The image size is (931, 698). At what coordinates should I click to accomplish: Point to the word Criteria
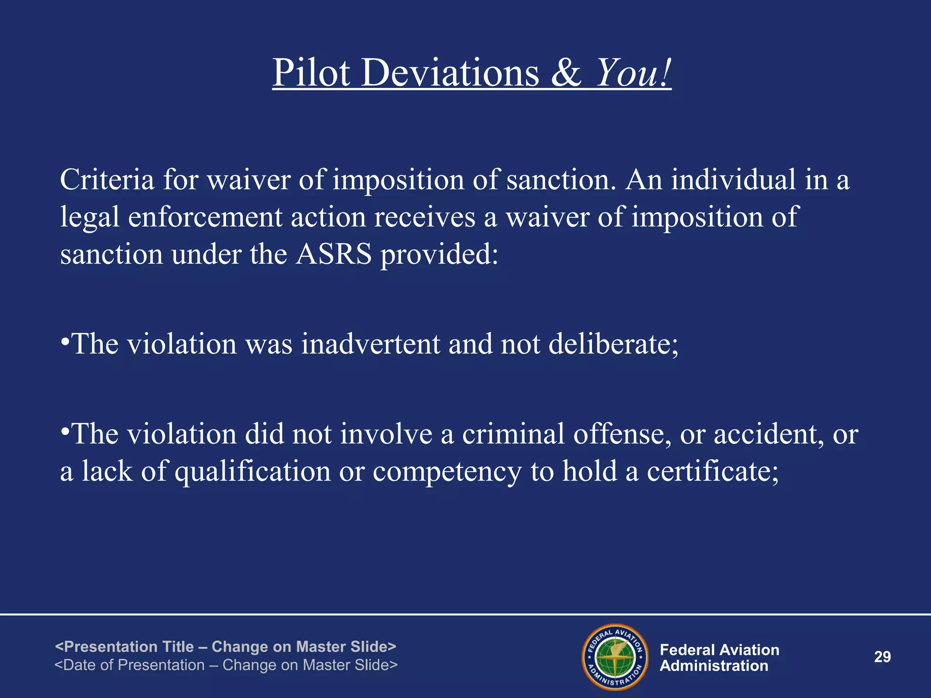coord(107,179)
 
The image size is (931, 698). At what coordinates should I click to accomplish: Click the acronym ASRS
coord(334,254)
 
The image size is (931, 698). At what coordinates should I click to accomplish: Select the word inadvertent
coord(370,344)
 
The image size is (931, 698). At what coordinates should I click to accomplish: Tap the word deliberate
coord(613,344)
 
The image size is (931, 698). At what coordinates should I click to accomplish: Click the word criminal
coord(513,434)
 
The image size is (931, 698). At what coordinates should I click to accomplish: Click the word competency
coord(447,472)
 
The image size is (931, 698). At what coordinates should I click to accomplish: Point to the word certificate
coord(712,472)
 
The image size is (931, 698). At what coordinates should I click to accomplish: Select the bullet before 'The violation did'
coord(65,431)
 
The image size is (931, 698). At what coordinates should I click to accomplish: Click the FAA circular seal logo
coord(615,657)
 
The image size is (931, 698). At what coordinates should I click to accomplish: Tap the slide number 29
coord(882,657)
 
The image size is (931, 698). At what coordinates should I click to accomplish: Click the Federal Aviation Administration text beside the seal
coord(719,658)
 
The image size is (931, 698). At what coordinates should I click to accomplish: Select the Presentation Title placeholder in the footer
coord(225,646)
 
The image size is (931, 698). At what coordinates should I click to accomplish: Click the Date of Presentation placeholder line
coord(226,665)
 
